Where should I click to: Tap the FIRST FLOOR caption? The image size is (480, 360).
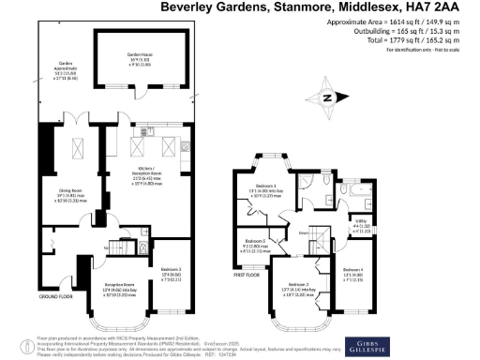click(248, 276)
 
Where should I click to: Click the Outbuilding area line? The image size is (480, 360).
click(404, 32)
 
